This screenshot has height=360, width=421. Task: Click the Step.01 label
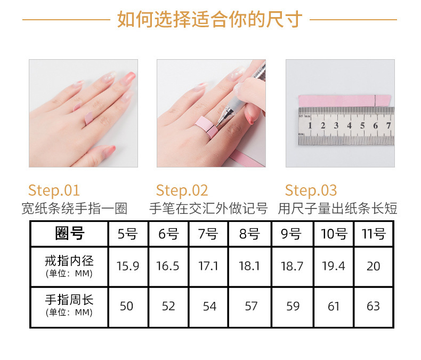coord(54,190)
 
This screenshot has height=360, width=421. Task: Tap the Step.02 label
coord(182,190)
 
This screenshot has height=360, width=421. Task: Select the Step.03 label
coord(311,190)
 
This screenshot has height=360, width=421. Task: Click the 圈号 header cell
coord(70,233)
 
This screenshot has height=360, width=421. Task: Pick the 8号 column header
coord(249,234)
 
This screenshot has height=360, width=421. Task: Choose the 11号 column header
coord(374,234)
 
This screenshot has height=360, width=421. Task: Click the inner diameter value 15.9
coord(128,266)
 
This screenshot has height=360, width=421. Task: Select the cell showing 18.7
coord(292,266)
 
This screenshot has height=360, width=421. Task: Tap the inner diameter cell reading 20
coord(374,266)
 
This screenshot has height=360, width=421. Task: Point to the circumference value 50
coord(126,306)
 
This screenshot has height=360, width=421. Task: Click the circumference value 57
coord(251,306)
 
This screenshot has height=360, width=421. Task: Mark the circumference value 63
coord(373,306)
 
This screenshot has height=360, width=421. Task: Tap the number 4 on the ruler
coord(349,125)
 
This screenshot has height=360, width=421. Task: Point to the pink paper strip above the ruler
coord(345,101)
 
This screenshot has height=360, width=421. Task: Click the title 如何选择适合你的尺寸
coord(210,19)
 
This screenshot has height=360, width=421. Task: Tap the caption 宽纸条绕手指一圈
coord(74,209)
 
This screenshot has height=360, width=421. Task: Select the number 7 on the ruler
coord(388,125)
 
